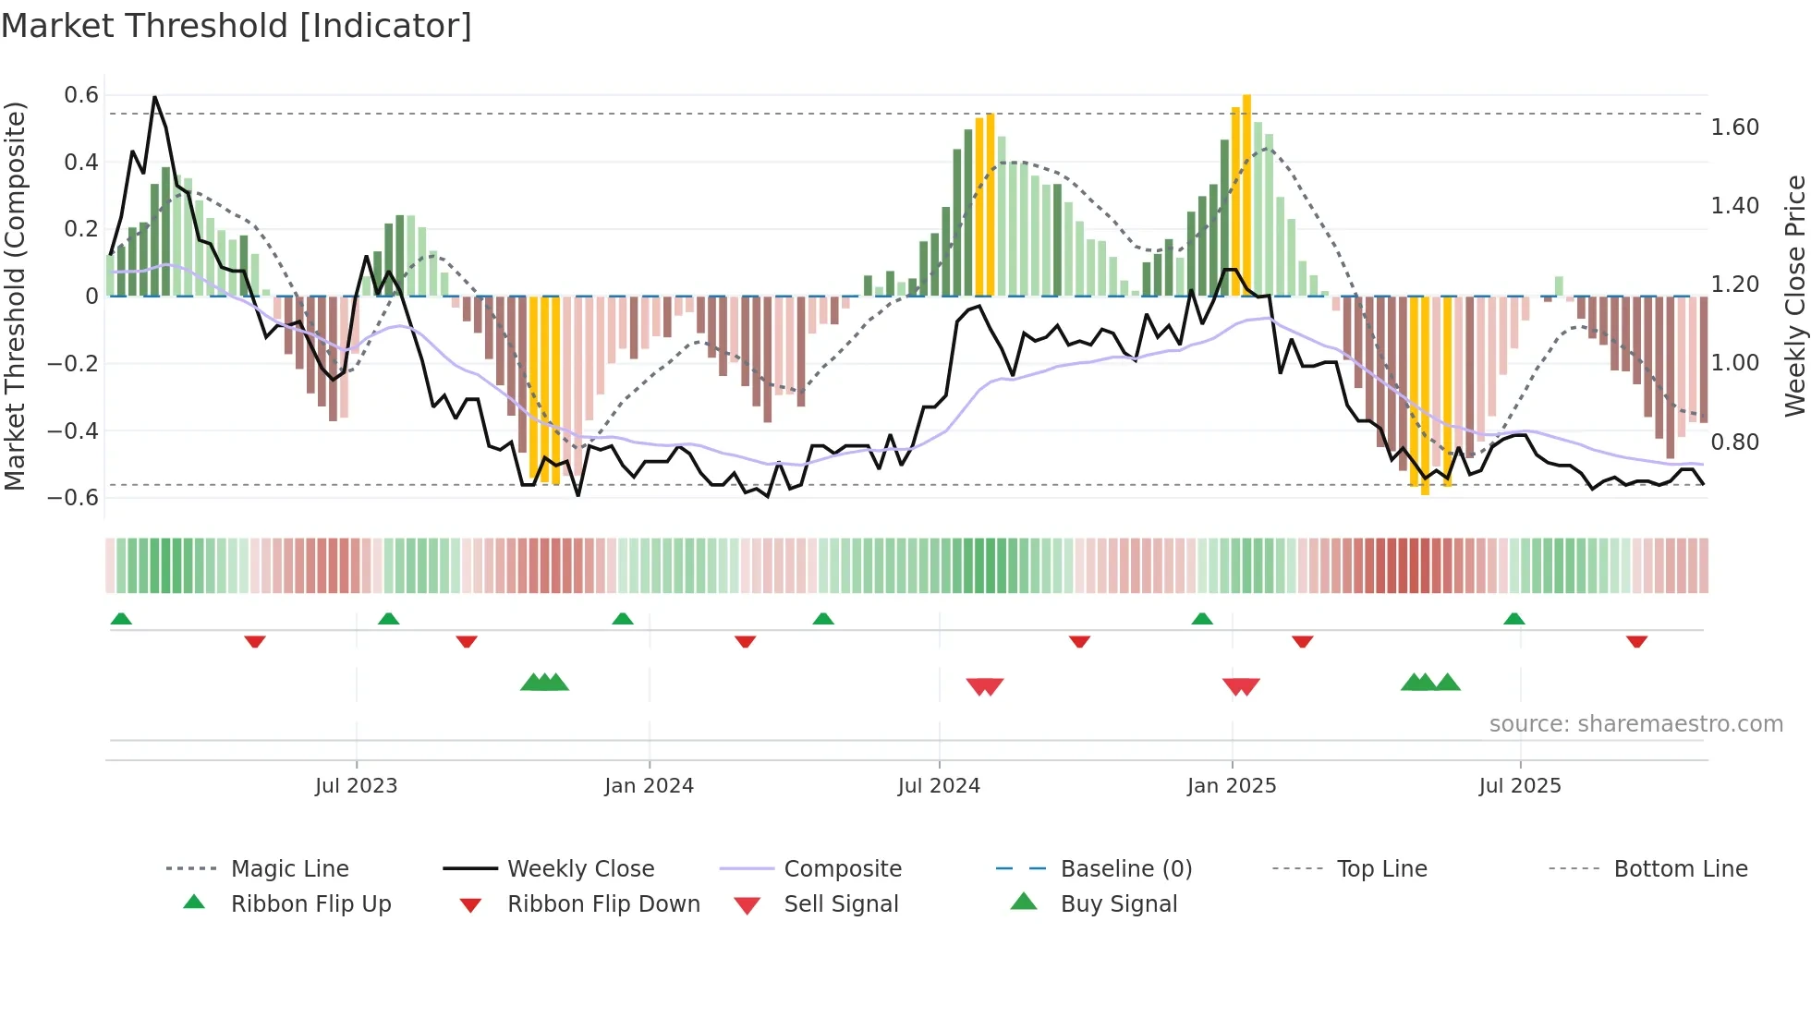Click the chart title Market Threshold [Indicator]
coord(237,26)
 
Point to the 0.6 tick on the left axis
coord(81,95)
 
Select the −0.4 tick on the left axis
coord(73,430)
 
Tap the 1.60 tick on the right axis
coord(1734,127)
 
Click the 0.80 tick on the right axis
coord(1734,442)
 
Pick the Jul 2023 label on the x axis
coord(356,786)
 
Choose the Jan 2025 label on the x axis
coord(1231,786)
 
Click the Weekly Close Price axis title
coord(1794,296)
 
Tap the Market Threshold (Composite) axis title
coord(15,296)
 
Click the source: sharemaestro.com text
coord(1635,724)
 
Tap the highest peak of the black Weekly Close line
coord(154,97)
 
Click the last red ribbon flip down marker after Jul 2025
coord(1636,641)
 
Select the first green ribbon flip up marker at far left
coord(121,619)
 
